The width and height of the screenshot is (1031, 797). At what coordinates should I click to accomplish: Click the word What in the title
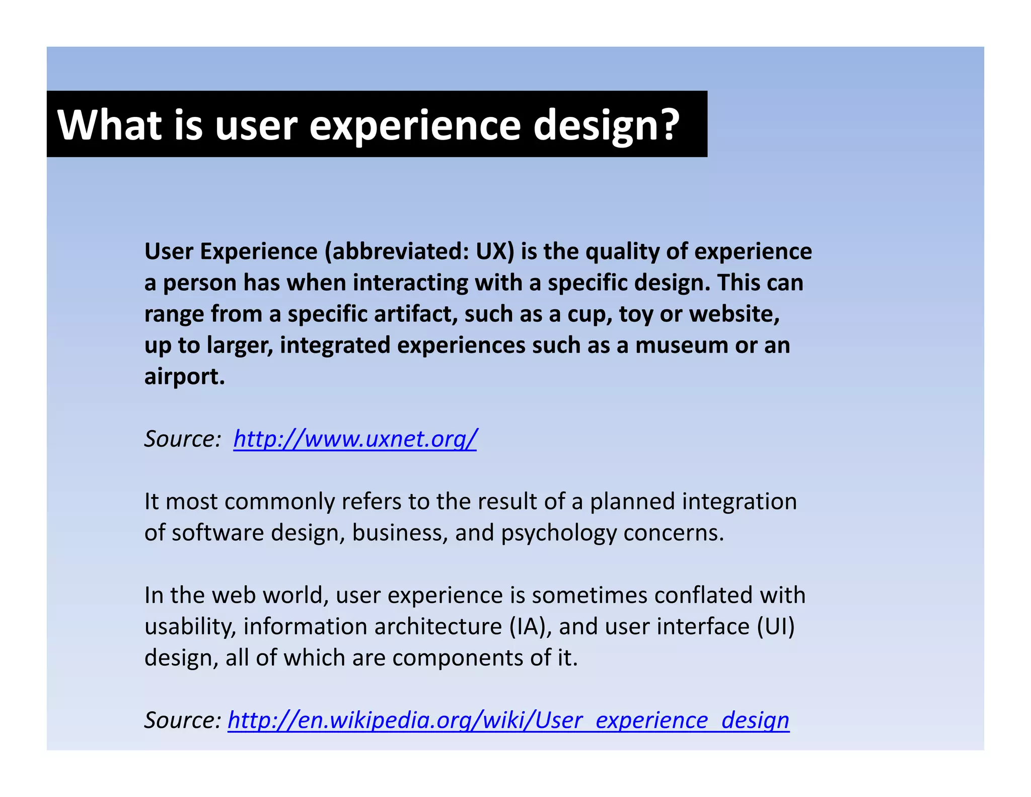(x=109, y=125)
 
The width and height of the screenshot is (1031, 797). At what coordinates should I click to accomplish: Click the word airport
(x=184, y=377)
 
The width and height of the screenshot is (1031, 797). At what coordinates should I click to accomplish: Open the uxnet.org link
(x=354, y=439)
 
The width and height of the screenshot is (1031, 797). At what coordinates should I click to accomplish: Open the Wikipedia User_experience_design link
(x=508, y=720)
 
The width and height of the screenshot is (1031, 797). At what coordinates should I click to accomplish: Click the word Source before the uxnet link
(x=181, y=439)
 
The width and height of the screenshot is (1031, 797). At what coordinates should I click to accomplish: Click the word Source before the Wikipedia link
(x=181, y=720)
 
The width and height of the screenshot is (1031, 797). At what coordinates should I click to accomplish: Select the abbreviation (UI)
(x=776, y=627)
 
